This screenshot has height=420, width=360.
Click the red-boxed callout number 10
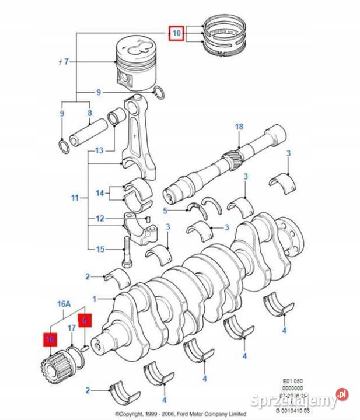(x=176, y=33)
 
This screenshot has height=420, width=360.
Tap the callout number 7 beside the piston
(x=67, y=61)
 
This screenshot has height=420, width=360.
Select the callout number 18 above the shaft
(x=239, y=127)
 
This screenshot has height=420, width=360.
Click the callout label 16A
(x=63, y=303)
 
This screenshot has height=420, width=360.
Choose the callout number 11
(x=75, y=198)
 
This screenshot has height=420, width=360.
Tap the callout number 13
(x=99, y=150)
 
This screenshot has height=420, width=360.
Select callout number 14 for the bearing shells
(x=100, y=192)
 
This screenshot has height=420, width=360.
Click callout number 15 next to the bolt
(x=100, y=249)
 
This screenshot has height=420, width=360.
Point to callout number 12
(x=100, y=219)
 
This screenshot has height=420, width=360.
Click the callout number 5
(x=165, y=211)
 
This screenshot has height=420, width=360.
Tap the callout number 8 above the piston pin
(x=89, y=113)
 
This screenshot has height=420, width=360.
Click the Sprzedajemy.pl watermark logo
(x=299, y=401)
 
